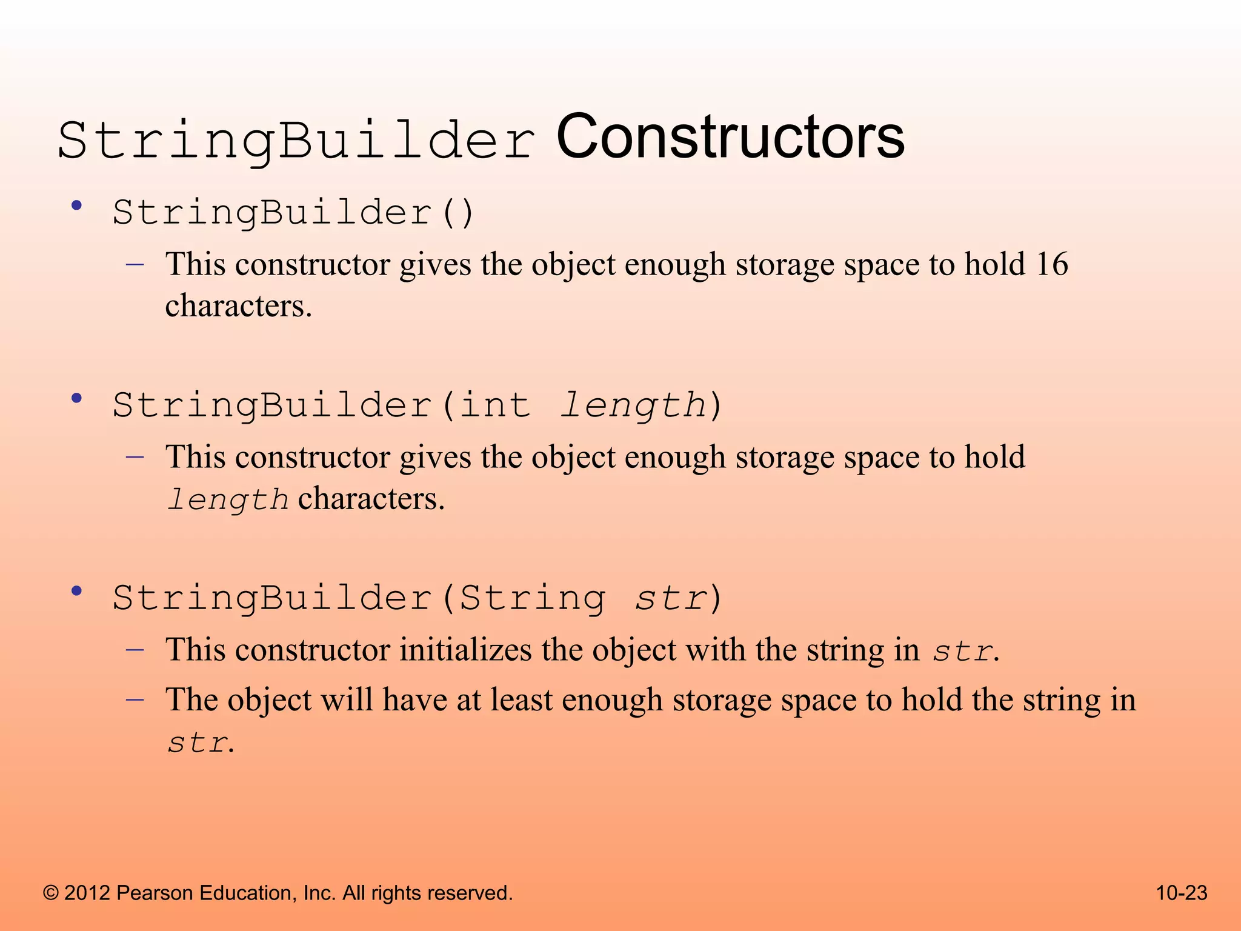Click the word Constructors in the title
coord(730,138)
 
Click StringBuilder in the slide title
coord(296,141)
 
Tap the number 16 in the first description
coord(1051,264)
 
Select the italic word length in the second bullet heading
coord(633,405)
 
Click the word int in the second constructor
coord(494,405)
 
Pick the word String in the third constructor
coord(532,598)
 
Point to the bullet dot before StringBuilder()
coord(76,206)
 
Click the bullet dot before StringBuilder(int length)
coord(76,399)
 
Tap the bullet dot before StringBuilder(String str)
coord(76,592)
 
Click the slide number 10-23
coord(1182,893)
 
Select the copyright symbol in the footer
coord(51,893)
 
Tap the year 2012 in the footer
coord(87,893)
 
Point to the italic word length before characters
coord(228,500)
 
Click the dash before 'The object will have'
coord(135,699)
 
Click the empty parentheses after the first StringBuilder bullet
coord(458,213)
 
